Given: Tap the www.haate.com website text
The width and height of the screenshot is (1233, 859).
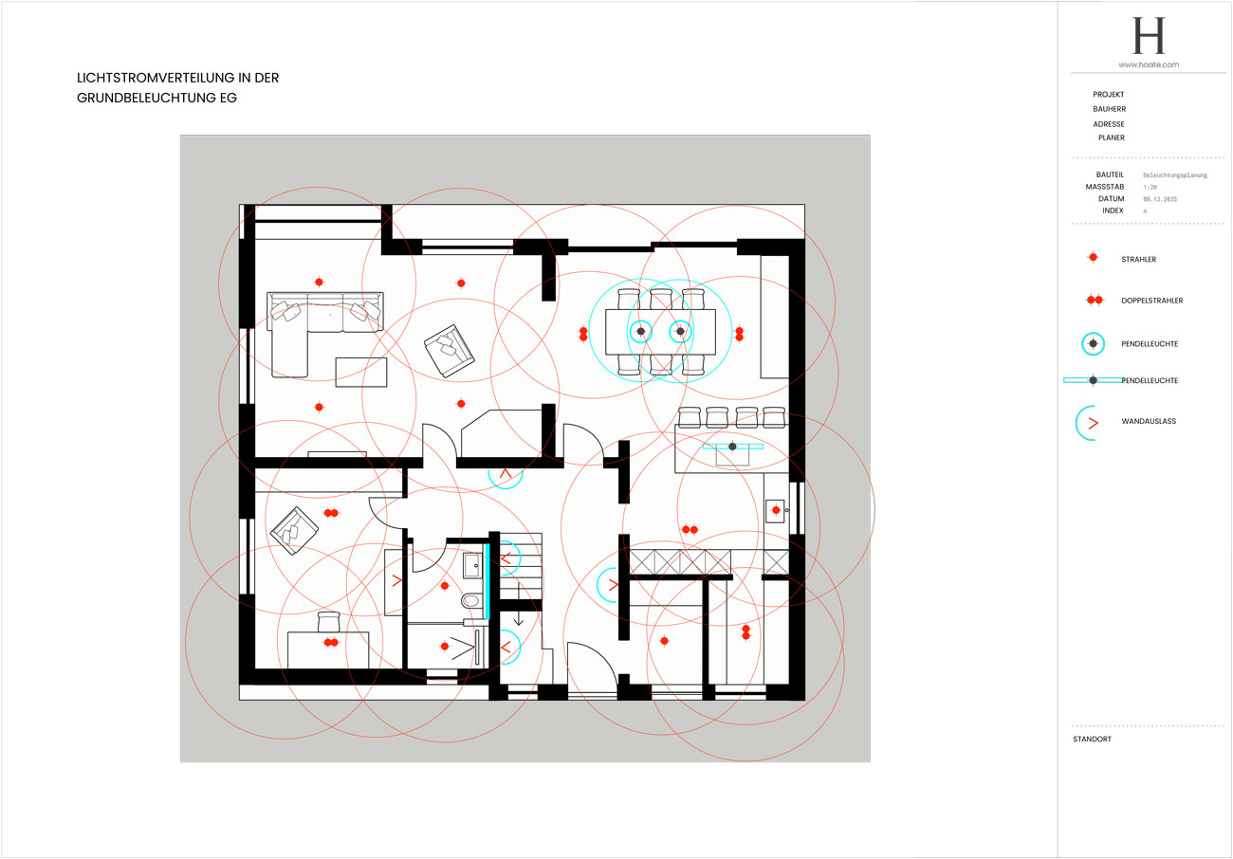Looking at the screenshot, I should (x=1148, y=64).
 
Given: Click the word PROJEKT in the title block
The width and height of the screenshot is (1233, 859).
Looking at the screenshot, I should (x=1109, y=95).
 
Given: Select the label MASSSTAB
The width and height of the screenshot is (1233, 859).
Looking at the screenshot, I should (x=1105, y=187).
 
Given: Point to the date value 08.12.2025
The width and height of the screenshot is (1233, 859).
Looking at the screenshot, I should (x=1162, y=199).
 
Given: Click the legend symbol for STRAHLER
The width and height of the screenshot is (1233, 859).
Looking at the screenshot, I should (x=1094, y=258).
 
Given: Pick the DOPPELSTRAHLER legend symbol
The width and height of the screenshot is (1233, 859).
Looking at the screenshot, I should (x=1094, y=300).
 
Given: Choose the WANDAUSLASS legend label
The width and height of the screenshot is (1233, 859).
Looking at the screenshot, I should (x=1149, y=421).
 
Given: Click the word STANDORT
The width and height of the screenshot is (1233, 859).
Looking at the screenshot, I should (x=1092, y=739).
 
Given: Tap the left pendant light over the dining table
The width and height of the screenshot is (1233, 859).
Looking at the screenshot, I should (x=641, y=331).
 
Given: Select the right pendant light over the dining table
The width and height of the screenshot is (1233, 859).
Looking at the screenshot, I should (x=680, y=331).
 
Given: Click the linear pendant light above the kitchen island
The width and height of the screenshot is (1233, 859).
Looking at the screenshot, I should (x=732, y=446).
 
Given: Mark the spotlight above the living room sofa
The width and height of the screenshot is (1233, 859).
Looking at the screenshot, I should (x=319, y=282).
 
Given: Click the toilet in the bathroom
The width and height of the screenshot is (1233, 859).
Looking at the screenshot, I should (x=471, y=601).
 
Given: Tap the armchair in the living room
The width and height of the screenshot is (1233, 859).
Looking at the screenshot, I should (x=450, y=348).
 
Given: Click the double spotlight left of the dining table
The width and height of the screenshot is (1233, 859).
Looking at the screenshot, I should (x=583, y=334).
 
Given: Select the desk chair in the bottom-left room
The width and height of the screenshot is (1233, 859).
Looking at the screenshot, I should (x=328, y=622).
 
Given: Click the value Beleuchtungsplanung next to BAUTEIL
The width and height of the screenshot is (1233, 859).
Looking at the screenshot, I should (x=1175, y=175).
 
